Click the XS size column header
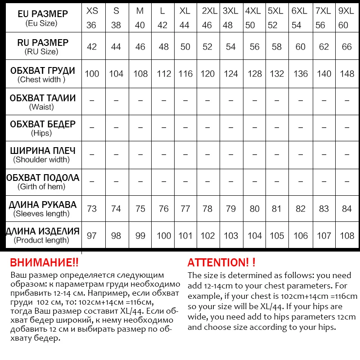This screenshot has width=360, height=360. [x=92, y=18]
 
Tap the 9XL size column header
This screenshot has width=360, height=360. [x=346, y=18]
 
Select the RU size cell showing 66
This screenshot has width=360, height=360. [x=346, y=47]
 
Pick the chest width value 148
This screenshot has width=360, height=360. [x=346, y=74]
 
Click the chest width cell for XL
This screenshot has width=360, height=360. [x=185, y=74]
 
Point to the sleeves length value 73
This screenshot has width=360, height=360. [x=92, y=209]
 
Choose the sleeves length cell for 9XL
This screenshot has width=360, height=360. [x=346, y=209]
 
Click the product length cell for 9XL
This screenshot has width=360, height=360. [x=346, y=235]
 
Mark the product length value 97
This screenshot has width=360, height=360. [x=92, y=235]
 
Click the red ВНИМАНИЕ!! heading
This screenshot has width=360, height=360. [x=44, y=263]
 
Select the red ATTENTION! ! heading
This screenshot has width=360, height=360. [x=221, y=263]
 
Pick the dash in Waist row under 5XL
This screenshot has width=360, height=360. [x=276, y=101]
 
